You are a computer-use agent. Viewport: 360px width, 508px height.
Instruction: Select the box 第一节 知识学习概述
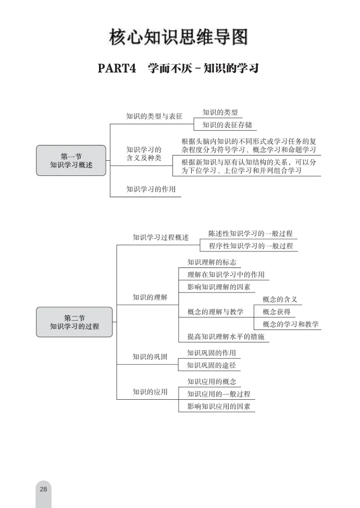point(71,160)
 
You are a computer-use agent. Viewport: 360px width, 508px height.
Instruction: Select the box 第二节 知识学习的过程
point(74,322)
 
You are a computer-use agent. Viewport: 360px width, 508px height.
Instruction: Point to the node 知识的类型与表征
point(154,117)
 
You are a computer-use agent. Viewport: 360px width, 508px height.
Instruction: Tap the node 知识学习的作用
point(151,189)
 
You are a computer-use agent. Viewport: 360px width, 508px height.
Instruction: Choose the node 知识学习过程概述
point(160,237)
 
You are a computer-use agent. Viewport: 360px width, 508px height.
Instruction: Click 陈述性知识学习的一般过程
point(251,234)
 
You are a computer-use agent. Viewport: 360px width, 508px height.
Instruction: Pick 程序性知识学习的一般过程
point(251,246)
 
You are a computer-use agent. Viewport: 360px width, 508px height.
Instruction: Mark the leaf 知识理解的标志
point(212,262)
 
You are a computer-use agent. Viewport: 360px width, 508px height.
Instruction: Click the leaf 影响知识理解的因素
point(219,287)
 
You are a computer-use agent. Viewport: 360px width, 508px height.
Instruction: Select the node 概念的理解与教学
point(215,312)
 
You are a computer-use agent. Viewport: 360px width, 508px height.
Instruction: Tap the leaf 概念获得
point(277,312)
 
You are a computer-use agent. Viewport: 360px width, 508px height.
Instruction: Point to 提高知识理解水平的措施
point(226,337)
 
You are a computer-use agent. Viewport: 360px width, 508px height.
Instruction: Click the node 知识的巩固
point(150,357)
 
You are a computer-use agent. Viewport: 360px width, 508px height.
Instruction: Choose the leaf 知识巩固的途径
point(211,365)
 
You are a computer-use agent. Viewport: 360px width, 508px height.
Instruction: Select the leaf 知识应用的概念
point(212,382)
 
